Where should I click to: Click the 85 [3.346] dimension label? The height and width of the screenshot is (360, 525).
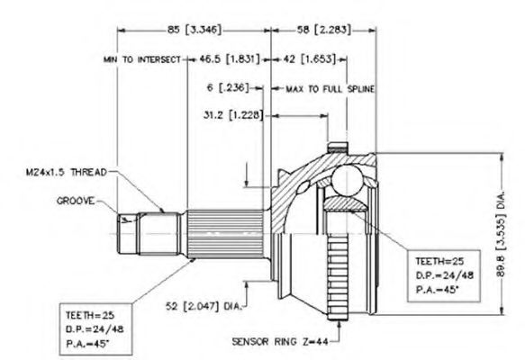pyautogui.click(x=195, y=30)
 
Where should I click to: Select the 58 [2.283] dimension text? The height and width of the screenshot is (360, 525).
pyautogui.click(x=324, y=30)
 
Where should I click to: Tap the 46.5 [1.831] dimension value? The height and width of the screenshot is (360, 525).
pyautogui.click(x=230, y=59)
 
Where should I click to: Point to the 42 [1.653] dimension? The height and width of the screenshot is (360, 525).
pyautogui.click(x=309, y=59)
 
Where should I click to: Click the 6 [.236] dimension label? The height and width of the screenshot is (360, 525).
pyautogui.click(x=228, y=88)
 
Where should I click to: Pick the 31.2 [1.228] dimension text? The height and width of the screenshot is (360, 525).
pyautogui.click(x=233, y=115)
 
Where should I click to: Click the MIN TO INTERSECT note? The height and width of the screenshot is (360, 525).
pyautogui.click(x=142, y=59)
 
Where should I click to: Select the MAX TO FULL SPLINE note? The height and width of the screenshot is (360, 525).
pyautogui.click(x=330, y=89)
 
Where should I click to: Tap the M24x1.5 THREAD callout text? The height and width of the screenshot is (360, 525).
pyautogui.click(x=67, y=172)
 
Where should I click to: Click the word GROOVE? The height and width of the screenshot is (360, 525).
pyautogui.click(x=76, y=201)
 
